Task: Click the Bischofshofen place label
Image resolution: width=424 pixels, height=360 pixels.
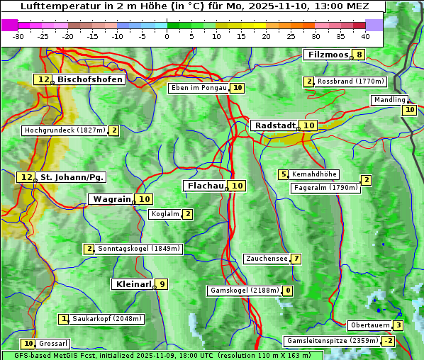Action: tap(90, 80)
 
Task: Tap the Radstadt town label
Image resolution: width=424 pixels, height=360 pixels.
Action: tap(274, 125)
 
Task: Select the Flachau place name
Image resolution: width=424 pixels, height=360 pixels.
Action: tap(205, 186)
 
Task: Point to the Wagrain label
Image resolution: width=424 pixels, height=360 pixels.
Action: tap(112, 199)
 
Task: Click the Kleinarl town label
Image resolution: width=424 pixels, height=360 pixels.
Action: tap(133, 284)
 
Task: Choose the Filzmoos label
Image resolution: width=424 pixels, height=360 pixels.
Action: tap(328, 55)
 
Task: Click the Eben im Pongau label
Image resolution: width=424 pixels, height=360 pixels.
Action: tap(199, 89)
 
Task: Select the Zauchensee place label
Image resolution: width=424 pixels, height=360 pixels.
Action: tap(267, 259)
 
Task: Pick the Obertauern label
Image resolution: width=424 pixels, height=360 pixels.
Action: tap(369, 325)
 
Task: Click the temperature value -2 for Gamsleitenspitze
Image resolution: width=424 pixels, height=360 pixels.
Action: tap(388, 341)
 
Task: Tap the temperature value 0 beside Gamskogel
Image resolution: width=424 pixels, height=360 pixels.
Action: tap(288, 291)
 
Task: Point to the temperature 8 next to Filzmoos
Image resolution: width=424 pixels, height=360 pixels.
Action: tap(360, 55)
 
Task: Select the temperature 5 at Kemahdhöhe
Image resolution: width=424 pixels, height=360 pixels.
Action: tap(284, 174)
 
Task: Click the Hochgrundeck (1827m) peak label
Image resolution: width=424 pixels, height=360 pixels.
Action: tap(65, 130)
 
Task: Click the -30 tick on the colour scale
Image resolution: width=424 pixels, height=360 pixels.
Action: tap(18, 35)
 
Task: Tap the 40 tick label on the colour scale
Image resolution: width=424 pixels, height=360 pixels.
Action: tap(365, 35)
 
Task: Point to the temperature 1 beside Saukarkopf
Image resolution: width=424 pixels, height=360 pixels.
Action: tap(65, 319)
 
